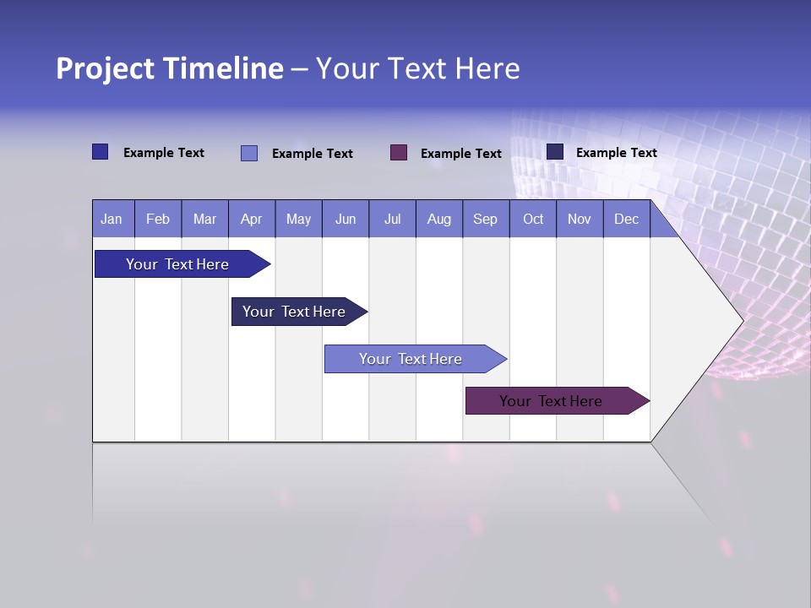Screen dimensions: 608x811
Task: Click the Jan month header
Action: (112, 220)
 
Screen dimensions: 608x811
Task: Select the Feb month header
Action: (158, 220)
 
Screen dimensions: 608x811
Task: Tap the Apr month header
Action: (251, 220)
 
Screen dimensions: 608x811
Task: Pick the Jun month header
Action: (346, 220)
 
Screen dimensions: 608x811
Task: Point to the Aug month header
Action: (439, 220)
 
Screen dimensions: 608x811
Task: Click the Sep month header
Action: (486, 220)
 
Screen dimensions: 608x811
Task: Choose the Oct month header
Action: (533, 220)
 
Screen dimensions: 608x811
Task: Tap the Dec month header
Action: (627, 220)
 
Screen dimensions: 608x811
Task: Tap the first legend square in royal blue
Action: (101, 152)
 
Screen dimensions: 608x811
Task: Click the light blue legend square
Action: (249, 153)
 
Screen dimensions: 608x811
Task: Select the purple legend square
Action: (399, 152)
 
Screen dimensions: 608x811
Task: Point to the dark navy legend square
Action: (555, 152)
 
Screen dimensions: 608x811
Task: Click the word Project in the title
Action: (106, 68)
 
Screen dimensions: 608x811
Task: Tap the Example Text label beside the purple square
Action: (460, 154)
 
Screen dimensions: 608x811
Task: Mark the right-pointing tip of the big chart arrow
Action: (742, 320)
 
